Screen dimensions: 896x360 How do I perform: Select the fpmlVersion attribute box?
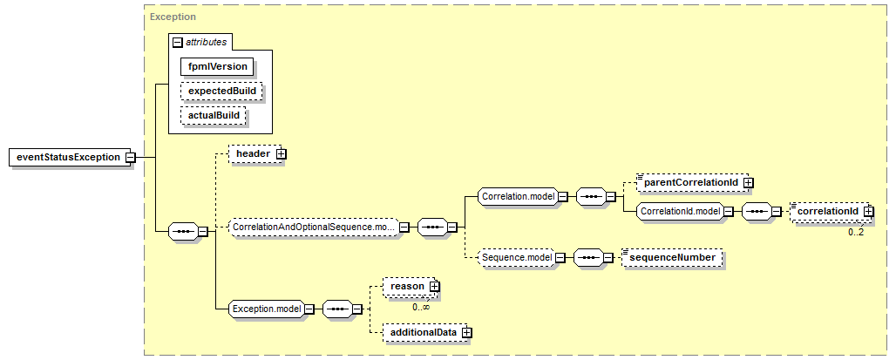pos(217,66)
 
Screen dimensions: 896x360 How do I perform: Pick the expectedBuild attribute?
pos(221,91)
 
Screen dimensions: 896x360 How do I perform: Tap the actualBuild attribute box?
pos(214,115)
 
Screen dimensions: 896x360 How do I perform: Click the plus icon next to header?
pos(281,154)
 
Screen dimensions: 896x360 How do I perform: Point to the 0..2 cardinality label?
pos(855,233)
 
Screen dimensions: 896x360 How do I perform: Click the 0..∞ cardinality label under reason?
pos(421,307)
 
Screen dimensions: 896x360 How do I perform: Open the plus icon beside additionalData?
pos(467,332)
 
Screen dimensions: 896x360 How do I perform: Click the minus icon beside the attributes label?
pos(178,43)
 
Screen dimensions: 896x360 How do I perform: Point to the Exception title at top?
pos(173,17)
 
